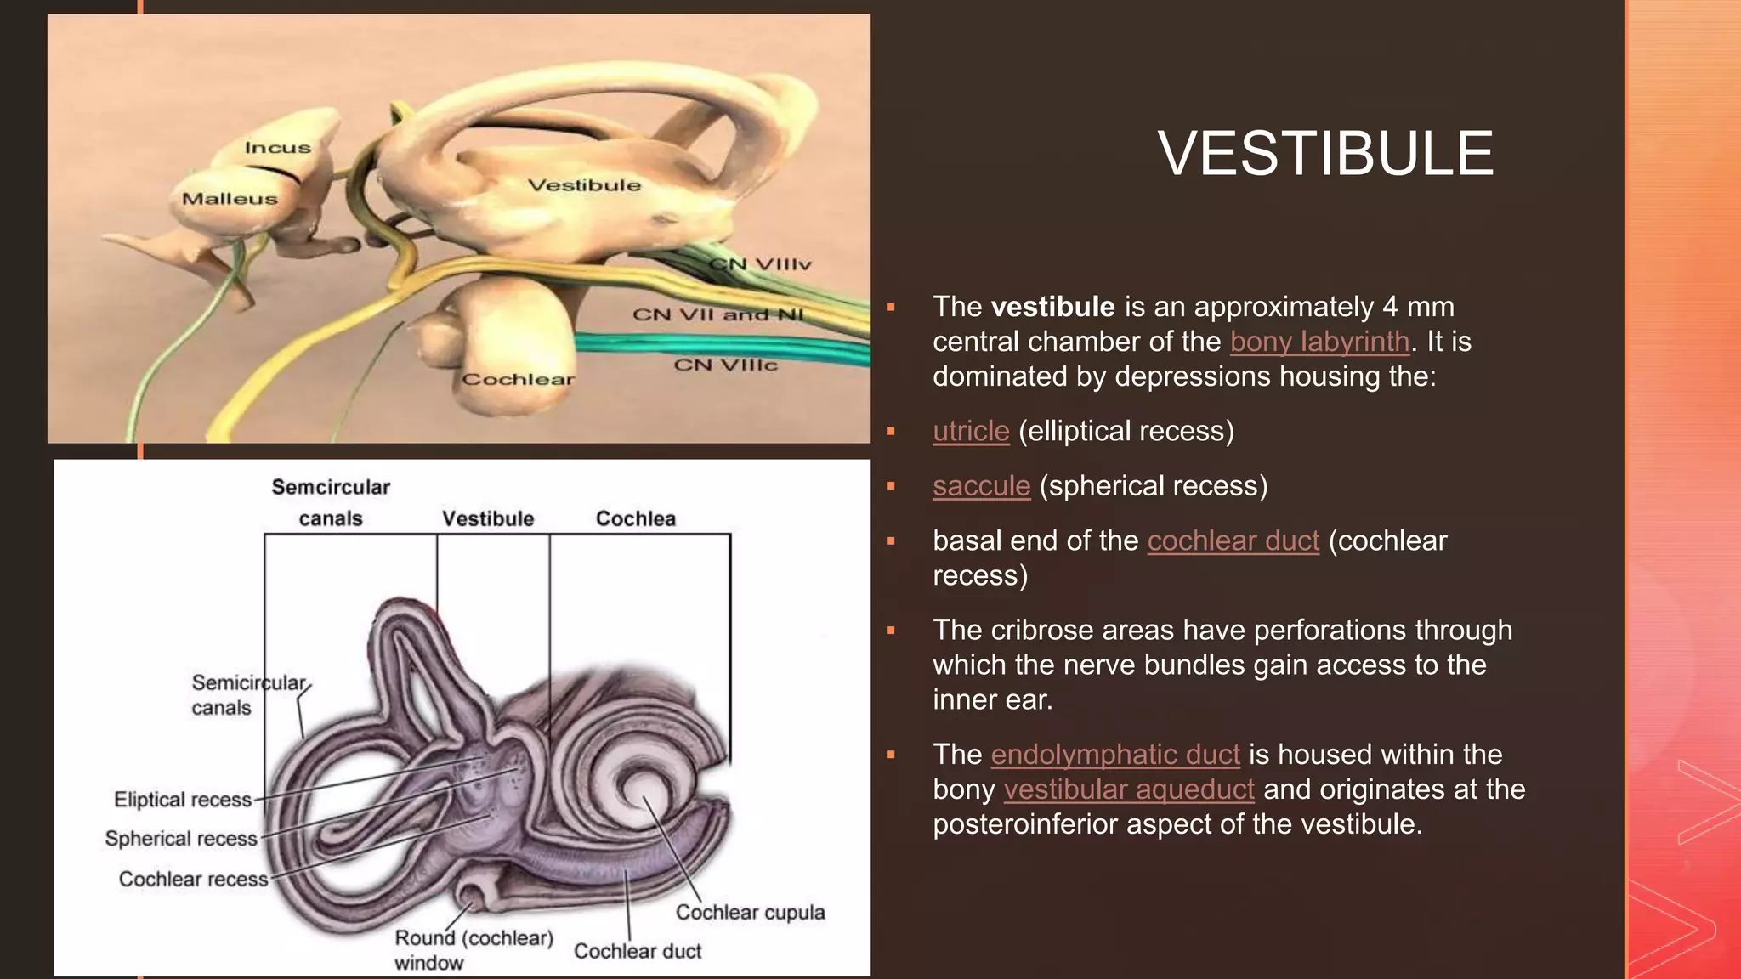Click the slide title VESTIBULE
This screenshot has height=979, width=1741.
coord(1324,154)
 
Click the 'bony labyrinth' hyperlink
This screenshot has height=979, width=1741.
coord(1319,342)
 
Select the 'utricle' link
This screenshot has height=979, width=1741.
coord(971,431)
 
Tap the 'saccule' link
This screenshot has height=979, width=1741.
coord(981,486)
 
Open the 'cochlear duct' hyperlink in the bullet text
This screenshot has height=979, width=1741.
coord(1233,540)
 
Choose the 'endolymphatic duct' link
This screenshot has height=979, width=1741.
coord(1114,755)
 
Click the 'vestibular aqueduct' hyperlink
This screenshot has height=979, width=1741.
coord(1128,789)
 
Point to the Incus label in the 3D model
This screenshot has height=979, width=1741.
coord(278,148)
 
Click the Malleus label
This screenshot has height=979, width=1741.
coord(230,199)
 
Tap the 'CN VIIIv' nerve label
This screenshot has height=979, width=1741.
coord(761,264)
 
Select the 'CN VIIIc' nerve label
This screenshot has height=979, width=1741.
coord(725,365)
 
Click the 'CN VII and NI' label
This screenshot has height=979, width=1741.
coord(717,314)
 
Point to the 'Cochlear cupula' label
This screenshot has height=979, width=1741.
coord(750,912)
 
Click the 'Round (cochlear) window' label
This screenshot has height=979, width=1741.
coord(473,949)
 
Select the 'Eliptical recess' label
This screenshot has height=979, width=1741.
coord(183,800)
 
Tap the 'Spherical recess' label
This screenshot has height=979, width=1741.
coord(181,839)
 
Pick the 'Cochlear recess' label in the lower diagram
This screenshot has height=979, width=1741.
coord(193,879)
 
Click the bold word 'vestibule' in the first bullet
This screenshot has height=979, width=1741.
coord(1052,307)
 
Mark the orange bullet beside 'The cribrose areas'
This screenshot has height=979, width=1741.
coord(891,631)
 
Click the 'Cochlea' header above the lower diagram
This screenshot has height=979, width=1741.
coord(635,518)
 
